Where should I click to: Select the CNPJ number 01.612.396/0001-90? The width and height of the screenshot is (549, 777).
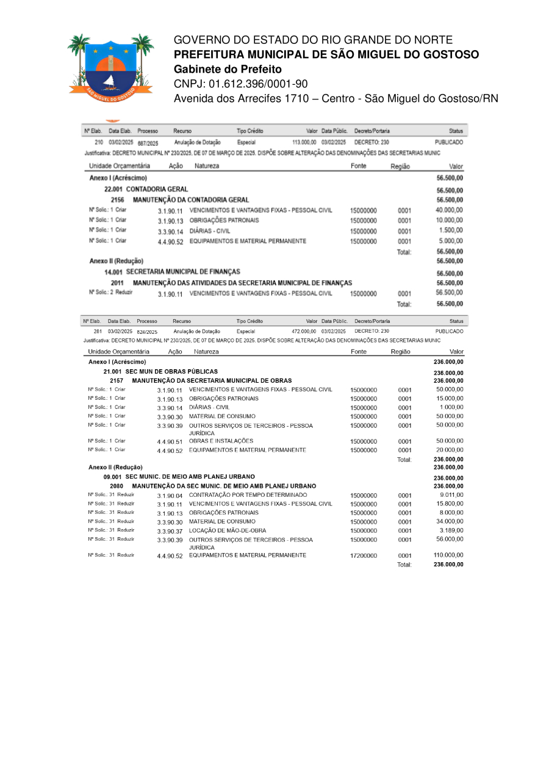[258, 84]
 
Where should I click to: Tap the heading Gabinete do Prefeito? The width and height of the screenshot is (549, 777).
[228, 69]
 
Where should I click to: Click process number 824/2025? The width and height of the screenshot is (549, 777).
[147, 331]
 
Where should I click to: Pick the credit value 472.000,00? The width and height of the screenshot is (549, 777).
[304, 331]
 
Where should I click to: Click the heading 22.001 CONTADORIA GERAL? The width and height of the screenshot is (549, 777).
[146, 189]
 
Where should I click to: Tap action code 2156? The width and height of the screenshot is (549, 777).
[118, 200]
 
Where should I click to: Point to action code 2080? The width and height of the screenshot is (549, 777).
[117, 486]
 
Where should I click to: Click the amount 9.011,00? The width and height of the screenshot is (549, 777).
[451, 494]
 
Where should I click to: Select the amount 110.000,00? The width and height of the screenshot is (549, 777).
[448, 555]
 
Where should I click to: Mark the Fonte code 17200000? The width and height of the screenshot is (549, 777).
[364, 556]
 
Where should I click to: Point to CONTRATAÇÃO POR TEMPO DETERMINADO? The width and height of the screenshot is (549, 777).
[248, 494]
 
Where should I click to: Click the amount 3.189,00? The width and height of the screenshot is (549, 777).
[451, 530]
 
